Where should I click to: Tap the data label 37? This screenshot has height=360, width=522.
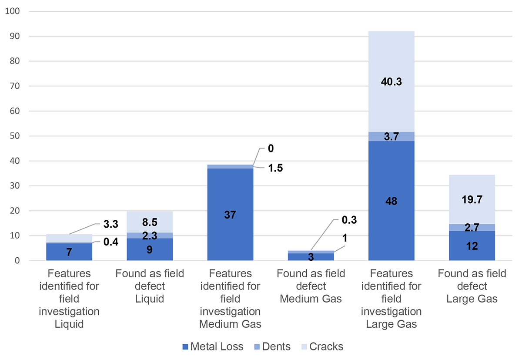pos(230,215)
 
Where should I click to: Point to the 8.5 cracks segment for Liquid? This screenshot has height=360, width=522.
pos(150,222)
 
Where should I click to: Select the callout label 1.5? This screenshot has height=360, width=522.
pos(275,168)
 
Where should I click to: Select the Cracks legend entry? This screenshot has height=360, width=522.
pos(322,347)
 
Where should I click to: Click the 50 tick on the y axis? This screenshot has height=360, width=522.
pos(13,136)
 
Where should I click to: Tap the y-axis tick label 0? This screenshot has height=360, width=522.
pos(17,261)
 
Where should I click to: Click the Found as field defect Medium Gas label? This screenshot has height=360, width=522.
pos(311,286)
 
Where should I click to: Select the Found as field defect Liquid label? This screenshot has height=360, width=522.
pos(150,286)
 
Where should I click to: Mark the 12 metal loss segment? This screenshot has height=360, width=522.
pos(472,246)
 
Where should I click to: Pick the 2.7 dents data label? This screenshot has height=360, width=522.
pos(472,228)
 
